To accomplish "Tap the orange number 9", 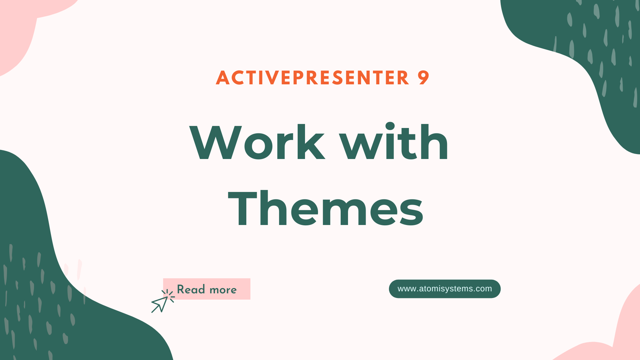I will pyautogui.click(x=423, y=78).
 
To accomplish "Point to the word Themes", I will pyautogui.click(x=326, y=209).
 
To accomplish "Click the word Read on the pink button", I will pyautogui.click(x=191, y=289).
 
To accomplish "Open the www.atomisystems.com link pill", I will pyautogui.click(x=445, y=289).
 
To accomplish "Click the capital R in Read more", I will pyautogui.click(x=181, y=289).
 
